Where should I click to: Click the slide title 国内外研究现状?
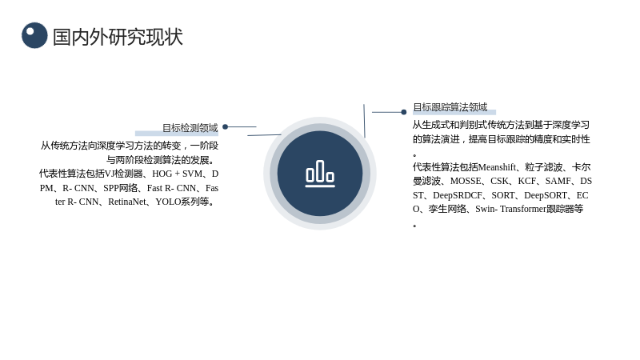click(x=118, y=37)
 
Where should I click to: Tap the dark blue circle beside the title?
click(x=34, y=35)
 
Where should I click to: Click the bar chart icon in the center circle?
click(x=320, y=174)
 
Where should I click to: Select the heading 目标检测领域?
click(x=190, y=128)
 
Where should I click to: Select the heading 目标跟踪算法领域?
click(x=450, y=107)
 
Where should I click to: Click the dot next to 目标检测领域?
click(x=226, y=127)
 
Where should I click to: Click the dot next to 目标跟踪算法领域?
click(x=404, y=112)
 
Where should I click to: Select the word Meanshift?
click(x=497, y=167)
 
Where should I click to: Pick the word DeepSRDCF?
click(x=458, y=195)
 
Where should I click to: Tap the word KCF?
click(x=527, y=182)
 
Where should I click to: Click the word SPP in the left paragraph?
click(x=111, y=188)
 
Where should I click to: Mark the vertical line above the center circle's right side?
click(x=365, y=121)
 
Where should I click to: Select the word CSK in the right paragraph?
click(x=499, y=182)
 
